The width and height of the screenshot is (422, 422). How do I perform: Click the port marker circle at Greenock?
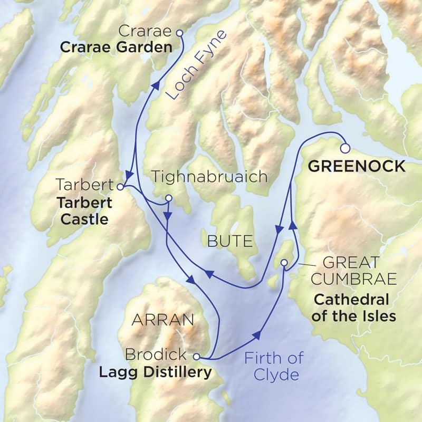point(346,148)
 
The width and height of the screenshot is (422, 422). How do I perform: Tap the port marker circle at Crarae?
point(178,33)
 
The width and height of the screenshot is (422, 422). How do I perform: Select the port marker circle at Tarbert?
point(120,186)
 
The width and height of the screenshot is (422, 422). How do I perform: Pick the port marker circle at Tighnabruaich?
point(169,198)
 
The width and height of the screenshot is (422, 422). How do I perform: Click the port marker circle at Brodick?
point(196,356)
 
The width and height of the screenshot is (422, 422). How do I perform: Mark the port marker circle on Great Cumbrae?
point(284,263)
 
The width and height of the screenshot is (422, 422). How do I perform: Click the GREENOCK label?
point(357,167)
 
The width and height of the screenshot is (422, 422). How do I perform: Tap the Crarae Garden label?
point(116,47)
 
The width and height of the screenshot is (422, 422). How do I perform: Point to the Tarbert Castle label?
point(84,210)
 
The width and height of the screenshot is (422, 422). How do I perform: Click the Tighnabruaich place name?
point(209,176)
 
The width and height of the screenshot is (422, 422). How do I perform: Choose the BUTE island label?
point(230,242)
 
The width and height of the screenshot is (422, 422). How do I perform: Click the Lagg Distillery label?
point(155,372)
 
